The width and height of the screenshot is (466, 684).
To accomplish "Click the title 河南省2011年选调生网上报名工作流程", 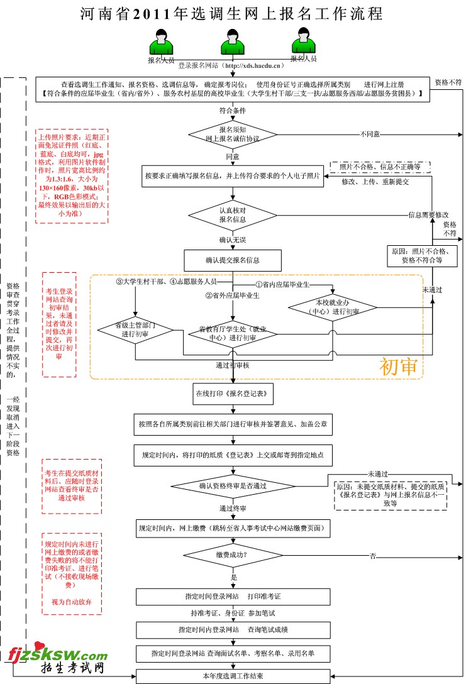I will coord(232,13).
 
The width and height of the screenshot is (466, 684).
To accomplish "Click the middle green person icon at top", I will coord(232,43).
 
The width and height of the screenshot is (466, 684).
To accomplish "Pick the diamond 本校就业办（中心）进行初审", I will coord(332,307).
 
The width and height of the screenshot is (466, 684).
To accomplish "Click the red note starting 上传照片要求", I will coord(71,175).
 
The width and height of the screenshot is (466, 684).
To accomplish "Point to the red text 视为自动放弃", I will coord(71,602).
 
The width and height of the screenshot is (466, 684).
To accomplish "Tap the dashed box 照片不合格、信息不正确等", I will coord(380,167).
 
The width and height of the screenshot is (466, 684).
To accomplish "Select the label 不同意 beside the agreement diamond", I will coord(370,133).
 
